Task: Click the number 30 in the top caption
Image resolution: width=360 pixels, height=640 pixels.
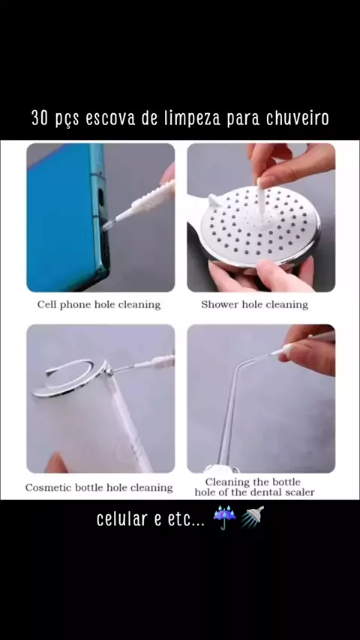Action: click(x=40, y=118)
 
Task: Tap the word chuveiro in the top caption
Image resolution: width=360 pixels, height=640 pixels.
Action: click(x=298, y=118)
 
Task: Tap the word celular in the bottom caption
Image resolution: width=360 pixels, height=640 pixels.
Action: click(x=121, y=519)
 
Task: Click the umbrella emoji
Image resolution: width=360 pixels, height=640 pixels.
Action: click(x=225, y=518)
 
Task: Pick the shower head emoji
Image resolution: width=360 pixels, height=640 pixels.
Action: click(x=252, y=518)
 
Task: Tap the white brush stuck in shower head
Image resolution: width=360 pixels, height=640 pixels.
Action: click(x=260, y=202)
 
